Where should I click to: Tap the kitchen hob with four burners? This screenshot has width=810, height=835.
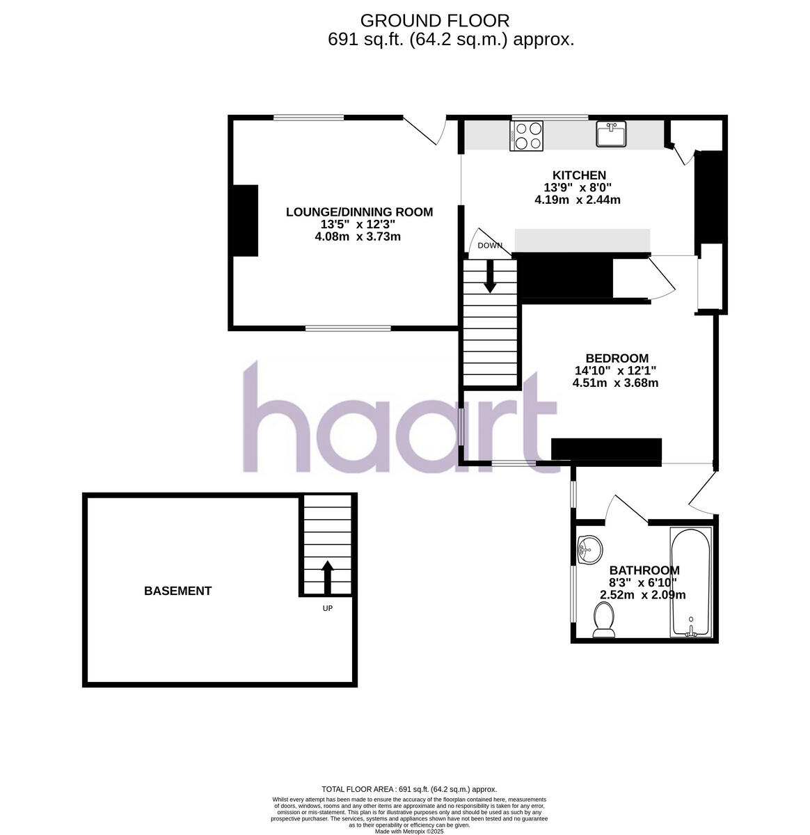527,136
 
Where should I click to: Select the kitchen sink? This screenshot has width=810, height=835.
611,134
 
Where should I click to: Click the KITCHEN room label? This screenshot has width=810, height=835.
579,175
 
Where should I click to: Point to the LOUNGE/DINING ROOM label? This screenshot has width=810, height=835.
359,212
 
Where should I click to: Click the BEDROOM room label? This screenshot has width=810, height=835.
617,358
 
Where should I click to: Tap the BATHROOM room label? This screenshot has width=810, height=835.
644,570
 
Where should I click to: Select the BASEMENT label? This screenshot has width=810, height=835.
177,591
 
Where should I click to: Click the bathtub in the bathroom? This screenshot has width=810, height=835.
690,582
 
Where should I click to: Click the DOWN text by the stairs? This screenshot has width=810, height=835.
490,246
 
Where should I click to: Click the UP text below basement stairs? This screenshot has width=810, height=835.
327,608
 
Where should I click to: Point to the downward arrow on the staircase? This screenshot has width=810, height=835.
490,276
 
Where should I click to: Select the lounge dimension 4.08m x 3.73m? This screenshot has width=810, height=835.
358,237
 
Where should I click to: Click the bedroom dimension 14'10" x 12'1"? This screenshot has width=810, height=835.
615,371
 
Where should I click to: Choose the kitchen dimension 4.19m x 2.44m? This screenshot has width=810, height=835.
577,200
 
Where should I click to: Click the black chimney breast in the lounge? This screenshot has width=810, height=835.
246,221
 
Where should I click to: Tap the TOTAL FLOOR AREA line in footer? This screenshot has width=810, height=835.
408,790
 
